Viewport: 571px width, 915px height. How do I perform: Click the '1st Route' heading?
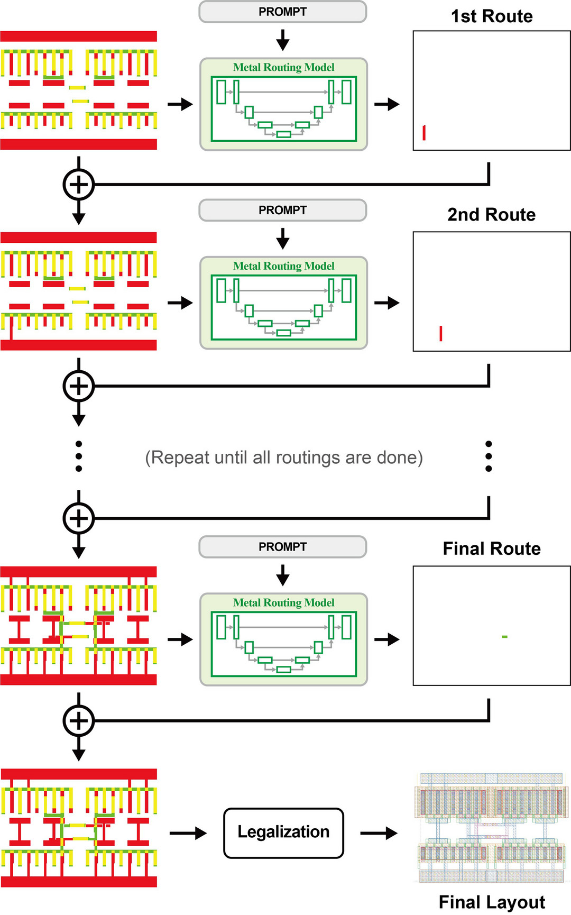tap(492, 16)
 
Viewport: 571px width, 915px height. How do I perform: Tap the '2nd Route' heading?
tap(491, 215)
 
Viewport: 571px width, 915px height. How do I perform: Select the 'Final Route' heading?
tap(492, 549)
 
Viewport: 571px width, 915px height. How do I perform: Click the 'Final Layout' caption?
tap(492, 902)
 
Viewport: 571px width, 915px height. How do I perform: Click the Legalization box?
tap(283, 832)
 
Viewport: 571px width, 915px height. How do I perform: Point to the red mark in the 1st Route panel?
tap(424, 132)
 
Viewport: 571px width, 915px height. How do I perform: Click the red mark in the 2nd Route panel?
tap(441, 333)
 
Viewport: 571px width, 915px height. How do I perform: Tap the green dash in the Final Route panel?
tap(504, 636)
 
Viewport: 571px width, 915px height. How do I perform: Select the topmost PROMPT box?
tap(282, 12)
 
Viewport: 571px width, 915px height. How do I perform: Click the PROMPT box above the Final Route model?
tap(282, 547)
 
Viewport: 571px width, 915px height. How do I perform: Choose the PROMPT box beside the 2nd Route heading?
tap(282, 211)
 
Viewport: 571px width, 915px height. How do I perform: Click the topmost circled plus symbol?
tap(79, 185)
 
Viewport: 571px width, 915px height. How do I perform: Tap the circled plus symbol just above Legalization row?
tap(79, 720)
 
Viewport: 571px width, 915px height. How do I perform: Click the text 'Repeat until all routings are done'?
tap(284, 458)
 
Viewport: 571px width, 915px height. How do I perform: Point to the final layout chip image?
tap(491, 828)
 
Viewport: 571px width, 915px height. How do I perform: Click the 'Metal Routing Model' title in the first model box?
tap(283, 67)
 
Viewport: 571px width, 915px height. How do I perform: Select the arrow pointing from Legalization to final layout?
tap(379, 833)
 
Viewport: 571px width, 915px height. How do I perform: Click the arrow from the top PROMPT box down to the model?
tap(283, 40)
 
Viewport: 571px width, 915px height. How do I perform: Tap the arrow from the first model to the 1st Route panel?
tap(387, 104)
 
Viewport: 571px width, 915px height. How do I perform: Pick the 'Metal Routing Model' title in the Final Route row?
tap(283, 602)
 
